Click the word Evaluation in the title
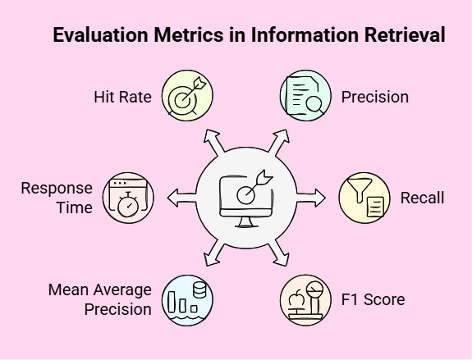coord(100,35)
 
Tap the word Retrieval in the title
coord(405,35)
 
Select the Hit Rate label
coord(122,97)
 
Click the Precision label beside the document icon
coord(375,97)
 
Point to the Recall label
coord(422,198)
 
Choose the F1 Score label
coord(373,299)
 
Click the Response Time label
coord(57,198)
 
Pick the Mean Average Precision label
coord(100,299)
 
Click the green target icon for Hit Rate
coord(187,96)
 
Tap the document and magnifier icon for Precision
coord(305,96)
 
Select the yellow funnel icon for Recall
coord(364,198)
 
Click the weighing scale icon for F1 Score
coord(305,300)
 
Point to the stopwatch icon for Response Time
coord(128,198)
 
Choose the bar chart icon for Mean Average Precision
coord(187,300)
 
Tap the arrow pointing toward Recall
coord(311,198)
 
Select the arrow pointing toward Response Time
coord(181,198)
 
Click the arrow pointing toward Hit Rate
coord(213,143)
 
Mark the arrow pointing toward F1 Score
coord(279,253)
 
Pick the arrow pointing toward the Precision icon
coord(279,143)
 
